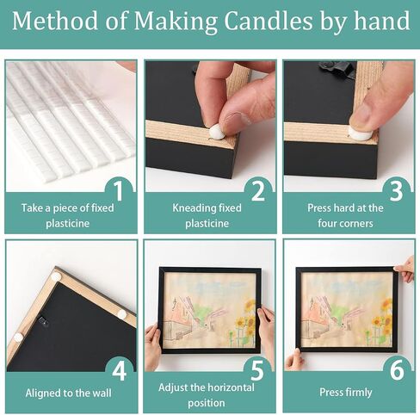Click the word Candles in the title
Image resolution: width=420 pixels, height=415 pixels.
[x=268, y=21]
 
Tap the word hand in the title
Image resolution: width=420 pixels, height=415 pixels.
[x=382, y=21]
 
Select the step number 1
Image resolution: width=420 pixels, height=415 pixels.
[x=119, y=190]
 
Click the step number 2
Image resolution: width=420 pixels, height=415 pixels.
[x=258, y=191]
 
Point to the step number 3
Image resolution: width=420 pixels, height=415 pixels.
[x=397, y=191]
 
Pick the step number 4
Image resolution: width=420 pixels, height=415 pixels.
[x=120, y=370]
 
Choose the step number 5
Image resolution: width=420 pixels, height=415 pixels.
[x=257, y=370]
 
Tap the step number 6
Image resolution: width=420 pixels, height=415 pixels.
[x=397, y=370]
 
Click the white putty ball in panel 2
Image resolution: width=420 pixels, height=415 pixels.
[x=217, y=132]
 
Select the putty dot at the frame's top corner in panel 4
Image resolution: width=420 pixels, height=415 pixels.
[x=56, y=276]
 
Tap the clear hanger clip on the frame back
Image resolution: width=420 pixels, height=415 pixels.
[x=43, y=321]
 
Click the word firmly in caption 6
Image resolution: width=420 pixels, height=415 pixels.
[x=358, y=393]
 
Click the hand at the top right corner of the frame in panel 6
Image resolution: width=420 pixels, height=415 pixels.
[x=405, y=269]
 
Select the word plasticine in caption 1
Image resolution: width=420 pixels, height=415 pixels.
[x=68, y=224]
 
